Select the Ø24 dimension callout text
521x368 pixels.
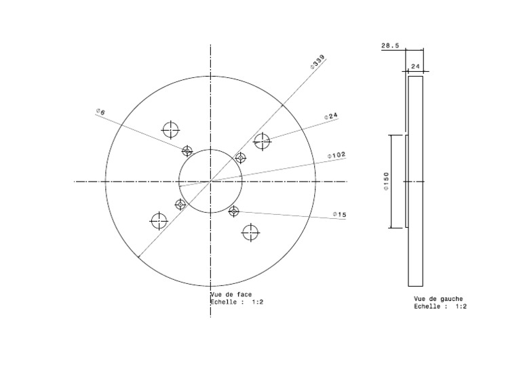coord(331,116)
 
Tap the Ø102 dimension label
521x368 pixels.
coord(336,155)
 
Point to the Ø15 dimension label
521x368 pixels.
coord(339,215)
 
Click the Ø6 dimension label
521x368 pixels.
coord(100,112)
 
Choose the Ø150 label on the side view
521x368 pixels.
coord(386,181)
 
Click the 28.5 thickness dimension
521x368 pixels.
coord(390,46)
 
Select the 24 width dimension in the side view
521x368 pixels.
coord(416,66)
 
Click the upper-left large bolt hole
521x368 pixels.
coord(170,129)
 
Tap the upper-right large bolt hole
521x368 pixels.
coord(262,141)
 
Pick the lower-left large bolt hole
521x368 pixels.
coord(159,221)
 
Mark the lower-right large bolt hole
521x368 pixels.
coord(250,232)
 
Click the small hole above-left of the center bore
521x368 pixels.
coord(187,150)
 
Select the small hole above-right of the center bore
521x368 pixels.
coord(240,158)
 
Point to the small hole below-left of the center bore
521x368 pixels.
coord(180,204)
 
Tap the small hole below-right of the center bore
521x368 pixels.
coord(234,211)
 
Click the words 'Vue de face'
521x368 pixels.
coord(231,295)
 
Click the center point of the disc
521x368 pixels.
coord(210,181)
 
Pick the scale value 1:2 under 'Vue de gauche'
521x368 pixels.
coord(461,306)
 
